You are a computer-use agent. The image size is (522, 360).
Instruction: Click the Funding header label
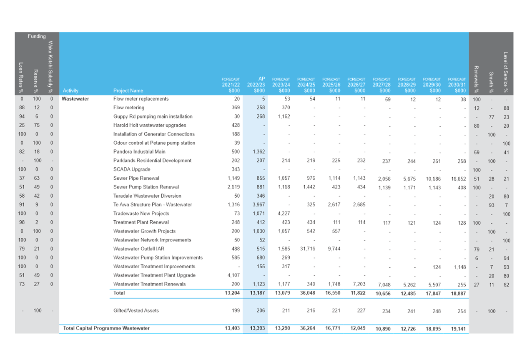coord(37,36)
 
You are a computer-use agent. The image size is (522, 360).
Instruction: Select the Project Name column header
coord(128,91)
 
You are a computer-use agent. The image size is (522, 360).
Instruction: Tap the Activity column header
coord(70,91)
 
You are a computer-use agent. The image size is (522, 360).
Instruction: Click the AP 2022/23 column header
coord(256,85)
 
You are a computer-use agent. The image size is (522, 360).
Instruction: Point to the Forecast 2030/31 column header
coord(457,85)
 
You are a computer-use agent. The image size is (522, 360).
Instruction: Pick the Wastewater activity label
coord(75,98)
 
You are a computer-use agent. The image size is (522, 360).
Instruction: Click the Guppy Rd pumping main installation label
coord(153,116)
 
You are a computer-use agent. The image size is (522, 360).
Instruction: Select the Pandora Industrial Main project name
coord(139,151)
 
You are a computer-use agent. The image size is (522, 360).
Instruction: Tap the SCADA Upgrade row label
coord(132,169)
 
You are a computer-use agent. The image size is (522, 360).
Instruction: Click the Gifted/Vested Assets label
coord(136,311)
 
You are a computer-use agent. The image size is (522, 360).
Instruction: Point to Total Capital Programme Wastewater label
coord(106,328)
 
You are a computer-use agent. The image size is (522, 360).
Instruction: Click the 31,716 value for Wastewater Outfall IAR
coord(308,249)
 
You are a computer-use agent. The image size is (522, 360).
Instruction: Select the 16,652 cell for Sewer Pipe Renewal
coord(458,179)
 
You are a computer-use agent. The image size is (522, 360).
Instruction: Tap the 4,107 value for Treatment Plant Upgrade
coord(233,275)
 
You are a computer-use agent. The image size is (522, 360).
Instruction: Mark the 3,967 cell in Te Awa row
coord(258,204)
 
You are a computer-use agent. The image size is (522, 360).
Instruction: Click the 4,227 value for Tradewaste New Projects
coord(284,213)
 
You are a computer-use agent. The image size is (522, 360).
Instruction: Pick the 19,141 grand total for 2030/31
coord(458,329)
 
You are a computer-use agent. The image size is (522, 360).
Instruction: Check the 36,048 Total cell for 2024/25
coord(308,293)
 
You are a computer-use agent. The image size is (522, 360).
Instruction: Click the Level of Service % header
coord(506,72)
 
